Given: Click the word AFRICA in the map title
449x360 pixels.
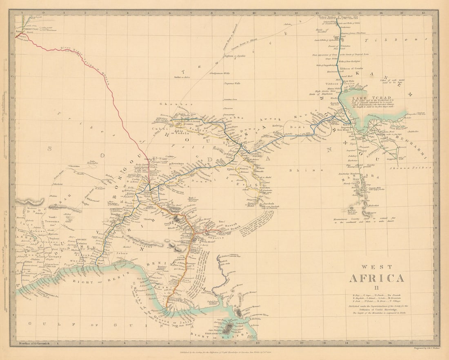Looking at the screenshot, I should click(376, 278).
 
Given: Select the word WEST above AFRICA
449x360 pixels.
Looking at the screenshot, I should click(376, 267).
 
